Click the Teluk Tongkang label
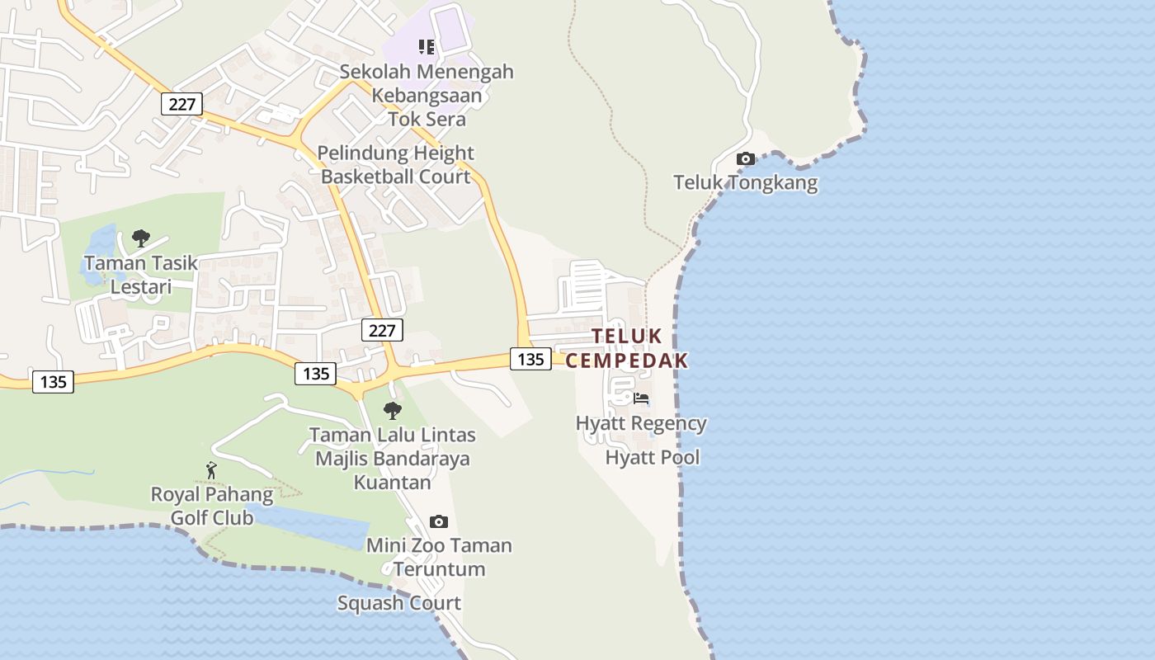pyautogui.click(x=745, y=182)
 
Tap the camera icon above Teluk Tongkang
pyautogui.click(x=745, y=158)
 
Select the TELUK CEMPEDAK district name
pyautogui.click(x=626, y=348)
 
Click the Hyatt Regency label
pyautogui.click(x=641, y=423)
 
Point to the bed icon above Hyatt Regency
pyautogui.click(x=641, y=398)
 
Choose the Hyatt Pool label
pyautogui.click(x=653, y=457)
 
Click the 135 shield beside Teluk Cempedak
pyautogui.click(x=530, y=359)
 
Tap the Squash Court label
pyautogui.click(x=399, y=603)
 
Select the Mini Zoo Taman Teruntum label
pyautogui.click(x=439, y=557)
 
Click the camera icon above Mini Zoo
pyautogui.click(x=439, y=521)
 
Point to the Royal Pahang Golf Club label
pyautogui.click(x=212, y=506)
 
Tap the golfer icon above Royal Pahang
pyautogui.click(x=211, y=470)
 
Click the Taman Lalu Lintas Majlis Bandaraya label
pyautogui.click(x=393, y=458)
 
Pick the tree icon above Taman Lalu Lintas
pyautogui.click(x=393, y=410)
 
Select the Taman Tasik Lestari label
pyautogui.click(x=141, y=275)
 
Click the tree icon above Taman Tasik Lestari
pyautogui.click(x=141, y=238)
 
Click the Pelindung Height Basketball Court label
pyautogui.click(x=396, y=164)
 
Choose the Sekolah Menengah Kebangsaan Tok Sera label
pyautogui.click(x=427, y=95)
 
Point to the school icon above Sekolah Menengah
pyautogui.click(x=427, y=47)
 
